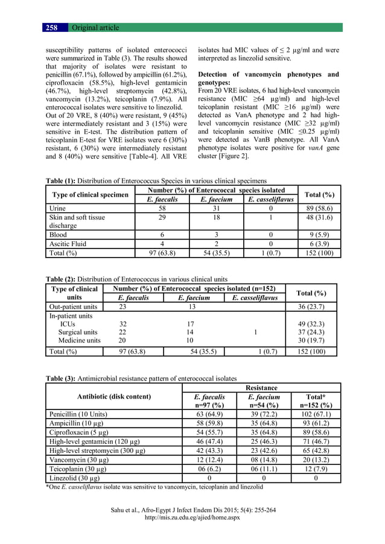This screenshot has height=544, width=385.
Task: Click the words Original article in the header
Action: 95,28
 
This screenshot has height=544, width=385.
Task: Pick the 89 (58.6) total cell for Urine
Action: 320,208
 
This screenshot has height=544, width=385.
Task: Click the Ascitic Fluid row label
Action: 68,244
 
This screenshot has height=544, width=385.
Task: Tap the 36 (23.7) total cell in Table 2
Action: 312,306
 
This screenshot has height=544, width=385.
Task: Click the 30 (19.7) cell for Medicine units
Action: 312,341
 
